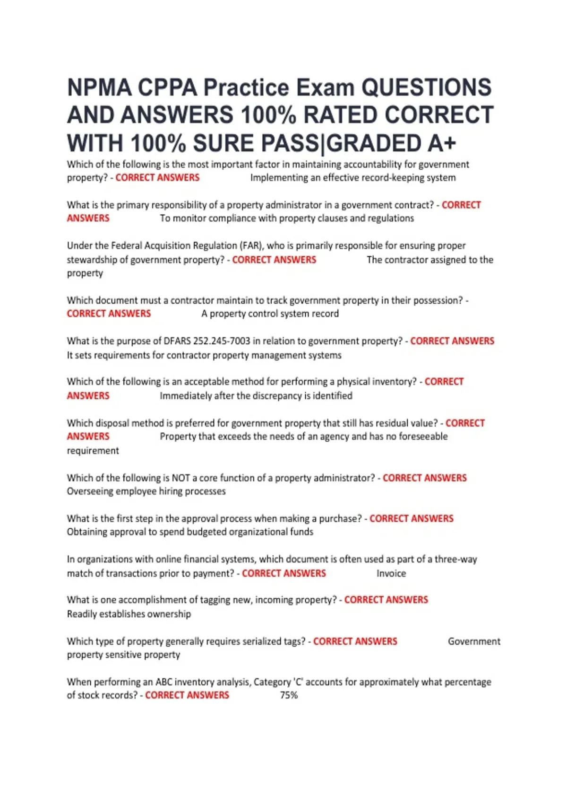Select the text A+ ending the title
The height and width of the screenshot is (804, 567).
coord(442,143)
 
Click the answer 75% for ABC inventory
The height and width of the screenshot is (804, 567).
coord(289,695)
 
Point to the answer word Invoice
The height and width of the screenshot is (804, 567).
coord(391,573)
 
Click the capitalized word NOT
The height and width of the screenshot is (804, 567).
coord(180,478)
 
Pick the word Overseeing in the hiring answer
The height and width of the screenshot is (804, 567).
coord(90,491)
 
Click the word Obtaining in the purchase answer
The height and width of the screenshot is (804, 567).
coord(87,532)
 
